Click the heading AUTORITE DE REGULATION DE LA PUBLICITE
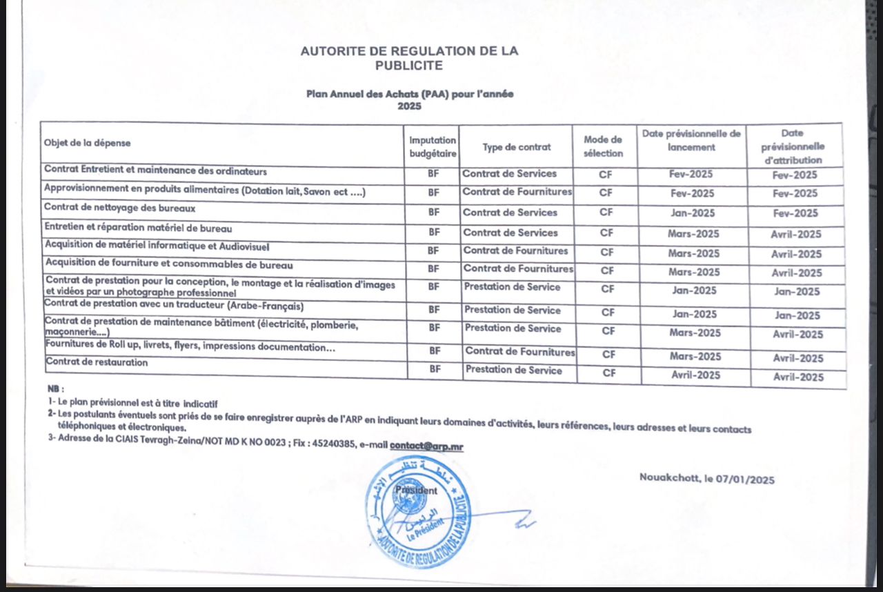click(409, 58)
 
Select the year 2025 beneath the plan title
click(409, 106)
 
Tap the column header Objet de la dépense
click(87, 143)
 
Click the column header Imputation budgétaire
click(433, 146)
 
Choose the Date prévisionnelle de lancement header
click(691, 140)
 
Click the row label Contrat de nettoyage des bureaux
click(120, 207)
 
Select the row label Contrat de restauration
click(97, 362)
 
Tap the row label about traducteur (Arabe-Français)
click(174, 306)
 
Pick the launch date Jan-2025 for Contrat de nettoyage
click(693, 213)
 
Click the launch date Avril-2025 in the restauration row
click(695, 375)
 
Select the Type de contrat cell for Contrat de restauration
click(513, 370)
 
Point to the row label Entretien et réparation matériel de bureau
click(138, 228)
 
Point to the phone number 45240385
click(335, 444)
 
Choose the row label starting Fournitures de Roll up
click(190, 347)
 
